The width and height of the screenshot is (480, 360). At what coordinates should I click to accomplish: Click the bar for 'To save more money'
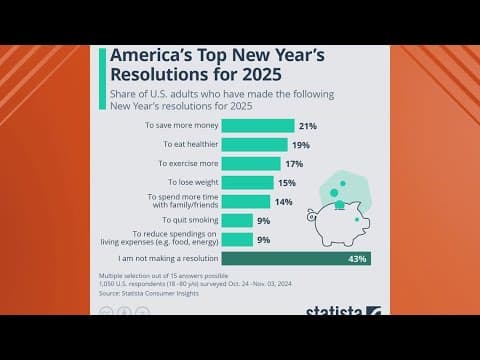tap(257, 126)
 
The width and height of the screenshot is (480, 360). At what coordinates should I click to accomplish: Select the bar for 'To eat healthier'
tap(253, 144)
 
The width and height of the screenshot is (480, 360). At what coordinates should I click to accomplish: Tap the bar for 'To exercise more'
tap(249, 163)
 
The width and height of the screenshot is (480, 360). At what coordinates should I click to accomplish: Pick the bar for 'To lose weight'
tap(246, 182)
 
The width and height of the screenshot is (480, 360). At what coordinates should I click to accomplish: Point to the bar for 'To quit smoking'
tap(236, 220)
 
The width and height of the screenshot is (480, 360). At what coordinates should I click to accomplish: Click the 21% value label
tap(308, 126)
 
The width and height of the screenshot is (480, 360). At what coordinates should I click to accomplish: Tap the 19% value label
tap(300, 144)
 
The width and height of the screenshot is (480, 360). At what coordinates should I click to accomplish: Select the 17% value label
tap(293, 163)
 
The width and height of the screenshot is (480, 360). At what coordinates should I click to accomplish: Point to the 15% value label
tap(286, 182)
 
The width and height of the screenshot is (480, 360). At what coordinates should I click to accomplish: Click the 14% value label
tap(283, 201)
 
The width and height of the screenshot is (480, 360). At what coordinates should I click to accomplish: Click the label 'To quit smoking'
tap(186, 220)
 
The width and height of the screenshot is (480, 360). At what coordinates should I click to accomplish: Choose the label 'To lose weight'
tap(187, 182)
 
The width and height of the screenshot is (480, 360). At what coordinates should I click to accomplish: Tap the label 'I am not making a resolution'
tap(162, 259)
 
